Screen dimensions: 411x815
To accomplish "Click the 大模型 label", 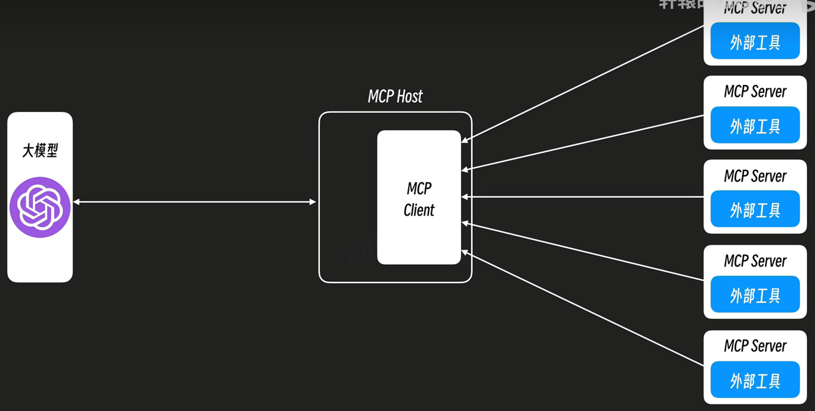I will point(40,151).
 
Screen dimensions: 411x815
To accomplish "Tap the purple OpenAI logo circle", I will point(40,207).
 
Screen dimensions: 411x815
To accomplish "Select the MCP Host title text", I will point(395,96).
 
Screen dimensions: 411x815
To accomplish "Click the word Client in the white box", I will point(419,210).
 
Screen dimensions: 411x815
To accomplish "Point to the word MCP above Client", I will point(419,189).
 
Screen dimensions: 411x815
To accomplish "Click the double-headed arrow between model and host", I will point(194,202).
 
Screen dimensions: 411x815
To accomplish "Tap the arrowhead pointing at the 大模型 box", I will point(76,202).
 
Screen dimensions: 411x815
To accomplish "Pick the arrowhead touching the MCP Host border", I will point(313,202).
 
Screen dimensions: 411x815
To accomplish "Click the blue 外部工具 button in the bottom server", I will point(755,380).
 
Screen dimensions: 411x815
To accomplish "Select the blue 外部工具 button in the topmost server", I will point(755,41).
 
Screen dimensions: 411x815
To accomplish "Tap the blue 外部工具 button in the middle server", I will point(755,209).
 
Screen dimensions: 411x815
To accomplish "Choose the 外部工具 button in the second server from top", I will point(755,125).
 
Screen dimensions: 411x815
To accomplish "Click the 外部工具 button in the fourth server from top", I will point(755,295).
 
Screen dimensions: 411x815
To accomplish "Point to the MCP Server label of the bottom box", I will point(755,346).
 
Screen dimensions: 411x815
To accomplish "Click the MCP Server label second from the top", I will point(755,91).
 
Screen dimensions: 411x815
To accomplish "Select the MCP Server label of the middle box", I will point(755,176).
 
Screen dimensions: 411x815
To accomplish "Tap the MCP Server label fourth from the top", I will point(755,261).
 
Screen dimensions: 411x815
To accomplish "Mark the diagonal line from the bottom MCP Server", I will point(585,310).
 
